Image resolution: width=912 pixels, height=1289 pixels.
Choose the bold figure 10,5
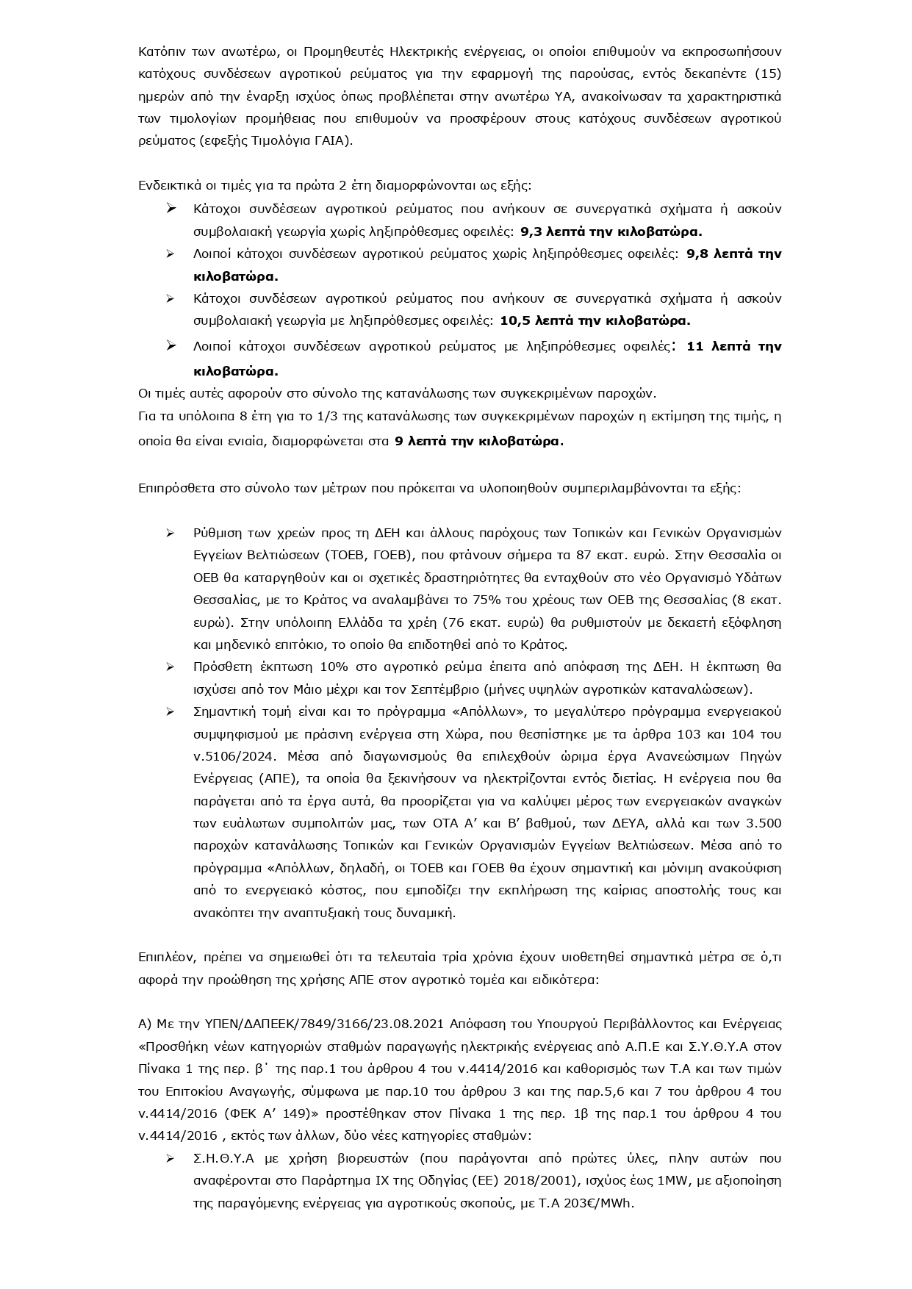(x=514, y=320)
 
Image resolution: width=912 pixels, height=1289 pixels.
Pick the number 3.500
(x=763, y=823)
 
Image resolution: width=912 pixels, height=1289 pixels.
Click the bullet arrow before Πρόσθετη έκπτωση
(x=170, y=667)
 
